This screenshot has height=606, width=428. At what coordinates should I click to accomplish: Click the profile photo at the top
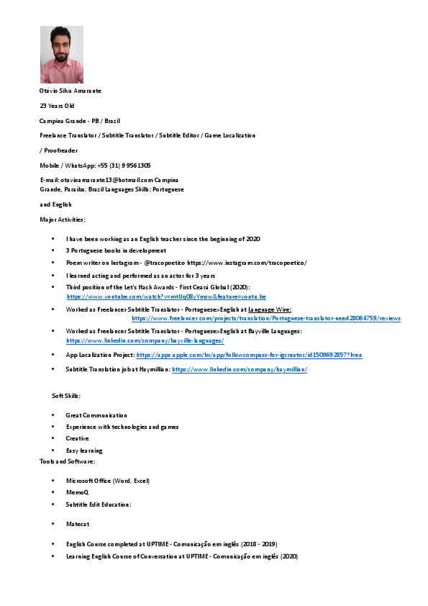(x=61, y=55)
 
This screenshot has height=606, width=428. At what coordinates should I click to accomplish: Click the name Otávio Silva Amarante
(x=70, y=91)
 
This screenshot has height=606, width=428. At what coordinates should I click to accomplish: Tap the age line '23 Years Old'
(x=57, y=106)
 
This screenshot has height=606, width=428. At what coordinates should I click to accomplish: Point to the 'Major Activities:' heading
(x=63, y=219)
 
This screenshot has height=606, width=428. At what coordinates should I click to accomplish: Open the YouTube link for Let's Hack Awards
(x=166, y=297)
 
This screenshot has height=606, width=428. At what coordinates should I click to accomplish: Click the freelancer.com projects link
(x=266, y=317)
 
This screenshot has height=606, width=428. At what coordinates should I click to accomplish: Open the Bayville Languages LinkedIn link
(x=145, y=340)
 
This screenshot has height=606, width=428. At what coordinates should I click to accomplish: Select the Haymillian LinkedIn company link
(x=240, y=368)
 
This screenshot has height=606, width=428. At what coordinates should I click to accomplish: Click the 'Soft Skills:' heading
(x=66, y=397)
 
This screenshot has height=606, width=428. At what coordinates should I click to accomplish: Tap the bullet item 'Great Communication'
(x=96, y=415)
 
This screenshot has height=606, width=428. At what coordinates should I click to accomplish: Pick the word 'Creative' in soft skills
(x=78, y=438)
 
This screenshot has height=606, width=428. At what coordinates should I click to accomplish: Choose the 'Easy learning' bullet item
(x=84, y=450)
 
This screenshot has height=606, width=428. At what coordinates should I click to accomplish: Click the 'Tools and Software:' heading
(x=67, y=461)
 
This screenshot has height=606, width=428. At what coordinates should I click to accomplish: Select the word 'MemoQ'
(x=77, y=492)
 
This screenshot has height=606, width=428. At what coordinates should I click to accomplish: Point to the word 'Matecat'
(x=78, y=523)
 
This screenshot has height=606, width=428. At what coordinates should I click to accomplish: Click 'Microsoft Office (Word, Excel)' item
(x=107, y=480)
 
